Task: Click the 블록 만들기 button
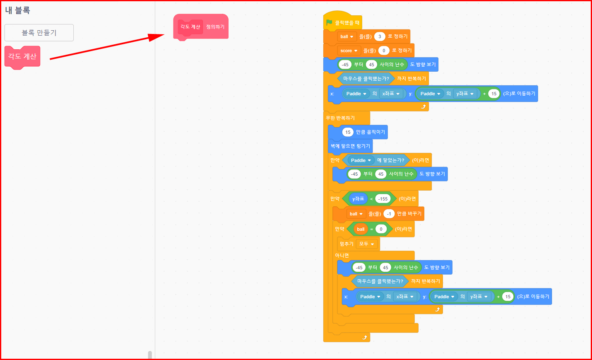(x=39, y=33)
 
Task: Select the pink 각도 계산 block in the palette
(x=22, y=56)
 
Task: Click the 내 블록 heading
(x=17, y=10)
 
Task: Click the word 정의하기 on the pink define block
(x=215, y=27)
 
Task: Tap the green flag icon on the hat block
(x=329, y=22)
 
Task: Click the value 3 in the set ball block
(x=380, y=36)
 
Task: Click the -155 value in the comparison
(x=383, y=199)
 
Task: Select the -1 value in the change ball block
(x=389, y=214)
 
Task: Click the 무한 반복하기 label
(x=340, y=118)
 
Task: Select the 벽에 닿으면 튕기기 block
(x=350, y=146)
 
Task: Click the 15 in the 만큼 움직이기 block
(x=348, y=132)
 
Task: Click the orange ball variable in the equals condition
(x=361, y=229)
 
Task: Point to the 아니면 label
(x=342, y=255)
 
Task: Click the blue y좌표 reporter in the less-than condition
(x=358, y=199)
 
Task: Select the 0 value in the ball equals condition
(x=381, y=229)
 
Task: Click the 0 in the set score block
(x=384, y=51)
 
